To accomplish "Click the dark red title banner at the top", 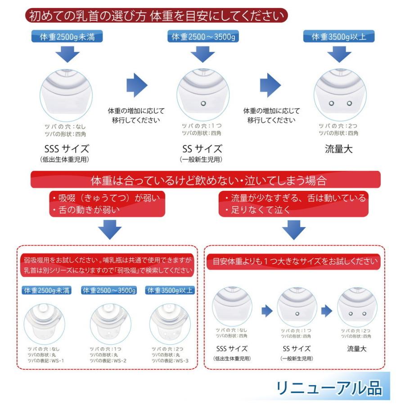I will click(x=156, y=16).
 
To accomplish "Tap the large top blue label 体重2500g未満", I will click(x=67, y=37).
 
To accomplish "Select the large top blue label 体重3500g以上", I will click(x=339, y=37).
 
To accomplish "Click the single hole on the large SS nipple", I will click(x=203, y=104).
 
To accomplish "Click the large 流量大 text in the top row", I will click(x=338, y=149).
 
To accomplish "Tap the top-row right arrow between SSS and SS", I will click(x=137, y=85).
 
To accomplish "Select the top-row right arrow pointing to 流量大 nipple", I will click(x=270, y=85).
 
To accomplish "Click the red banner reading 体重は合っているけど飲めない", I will click(x=205, y=180).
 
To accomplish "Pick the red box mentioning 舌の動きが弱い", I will click(x=107, y=203).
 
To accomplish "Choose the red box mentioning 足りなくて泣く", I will click(x=293, y=203).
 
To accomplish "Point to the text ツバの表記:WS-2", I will click(x=108, y=360).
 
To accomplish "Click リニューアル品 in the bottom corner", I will click(x=329, y=387).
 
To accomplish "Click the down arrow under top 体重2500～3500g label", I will click(x=202, y=54).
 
